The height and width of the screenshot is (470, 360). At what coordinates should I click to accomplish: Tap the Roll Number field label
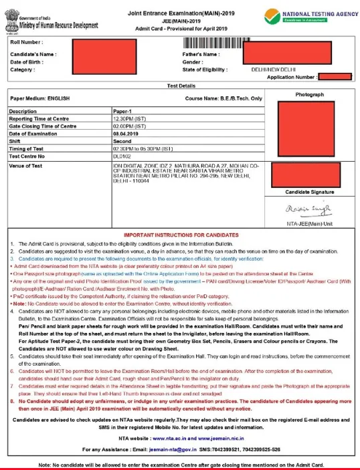(27, 43)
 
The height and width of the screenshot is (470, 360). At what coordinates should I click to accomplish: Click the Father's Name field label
(201, 53)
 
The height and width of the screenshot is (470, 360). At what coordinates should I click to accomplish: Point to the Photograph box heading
(310, 95)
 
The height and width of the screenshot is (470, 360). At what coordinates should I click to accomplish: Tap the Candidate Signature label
(309, 192)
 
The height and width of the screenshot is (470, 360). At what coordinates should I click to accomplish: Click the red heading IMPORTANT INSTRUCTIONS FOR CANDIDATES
(180, 236)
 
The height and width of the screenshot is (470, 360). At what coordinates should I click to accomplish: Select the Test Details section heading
(180, 86)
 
